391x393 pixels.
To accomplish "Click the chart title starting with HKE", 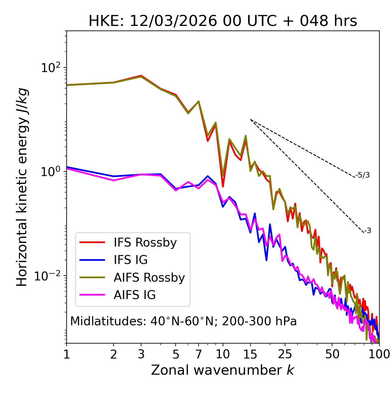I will pyautogui.click(x=223, y=21).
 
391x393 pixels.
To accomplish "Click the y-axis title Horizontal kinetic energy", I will pyautogui.click(x=22, y=187).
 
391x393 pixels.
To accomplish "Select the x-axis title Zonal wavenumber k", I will pyautogui.click(x=223, y=370).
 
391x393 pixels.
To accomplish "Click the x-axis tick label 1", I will pyautogui.click(x=67, y=354).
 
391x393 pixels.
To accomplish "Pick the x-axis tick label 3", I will pyautogui.click(x=141, y=354).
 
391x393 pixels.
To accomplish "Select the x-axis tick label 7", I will pyautogui.click(x=199, y=354).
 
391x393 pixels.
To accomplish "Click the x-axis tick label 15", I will pyautogui.click(x=250, y=354).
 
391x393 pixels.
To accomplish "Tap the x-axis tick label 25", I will pyautogui.click(x=285, y=354).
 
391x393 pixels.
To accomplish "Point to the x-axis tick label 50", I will pyautogui.click(x=332, y=354).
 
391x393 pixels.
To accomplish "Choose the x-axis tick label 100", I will pyautogui.click(x=379, y=354).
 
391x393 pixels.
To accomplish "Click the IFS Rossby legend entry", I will pyautogui.click(x=145, y=243).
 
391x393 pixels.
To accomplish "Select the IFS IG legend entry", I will pyautogui.click(x=130, y=260).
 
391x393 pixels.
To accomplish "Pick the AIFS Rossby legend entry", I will pyautogui.click(x=149, y=278).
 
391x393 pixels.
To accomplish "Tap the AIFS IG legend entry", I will pyautogui.click(x=135, y=295).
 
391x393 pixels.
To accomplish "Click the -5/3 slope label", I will pyautogui.click(x=363, y=175).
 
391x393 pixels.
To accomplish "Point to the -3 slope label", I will pyautogui.click(x=367, y=231).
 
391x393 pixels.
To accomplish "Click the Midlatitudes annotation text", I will pyautogui.click(x=183, y=321).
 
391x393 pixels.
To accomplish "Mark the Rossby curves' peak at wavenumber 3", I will pyautogui.click(x=141, y=76).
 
